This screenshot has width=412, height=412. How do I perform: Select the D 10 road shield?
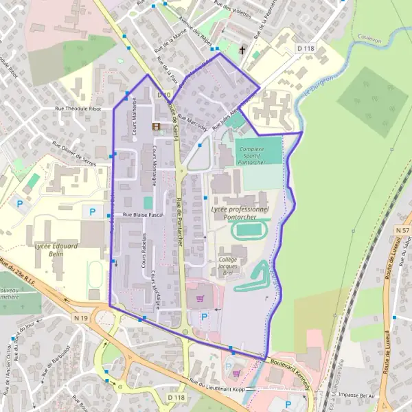[x=163, y=94]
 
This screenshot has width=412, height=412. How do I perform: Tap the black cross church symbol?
[x=242, y=50]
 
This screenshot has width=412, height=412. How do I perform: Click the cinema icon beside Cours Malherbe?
[x=157, y=126]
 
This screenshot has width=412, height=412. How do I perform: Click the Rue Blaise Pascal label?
[x=145, y=216]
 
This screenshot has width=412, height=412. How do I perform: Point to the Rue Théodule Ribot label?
[x=82, y=109]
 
